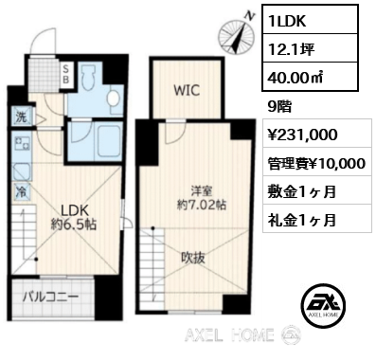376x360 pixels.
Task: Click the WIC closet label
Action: tap(187, 91)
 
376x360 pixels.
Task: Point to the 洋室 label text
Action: tap(201, 191)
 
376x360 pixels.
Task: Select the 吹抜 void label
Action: tap(193, 258)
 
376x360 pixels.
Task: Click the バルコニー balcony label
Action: tap(50, 297)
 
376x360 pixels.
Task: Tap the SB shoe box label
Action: tap(65, 75)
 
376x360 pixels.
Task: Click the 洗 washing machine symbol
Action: tap(22, 117)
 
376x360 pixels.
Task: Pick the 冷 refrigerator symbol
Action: tap(22, 191)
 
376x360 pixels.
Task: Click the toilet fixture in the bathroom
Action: tap(87, 78)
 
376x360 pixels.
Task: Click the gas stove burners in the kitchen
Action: tap(22, 143)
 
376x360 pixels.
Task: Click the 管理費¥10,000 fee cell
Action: tap(317, 162)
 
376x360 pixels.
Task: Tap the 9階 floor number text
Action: tap(279, 107)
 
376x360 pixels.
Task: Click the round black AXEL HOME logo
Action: tap(323, 305)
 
